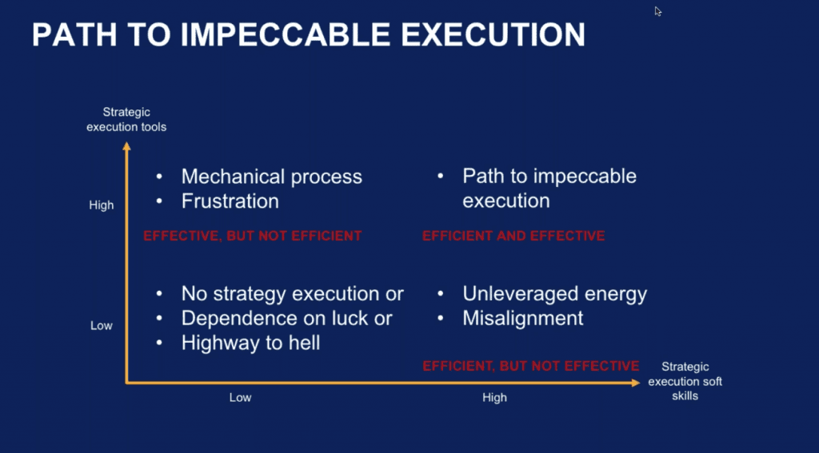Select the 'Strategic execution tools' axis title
[x=126, y=120]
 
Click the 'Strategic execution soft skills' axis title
[x=685, y=381]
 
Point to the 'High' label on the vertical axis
[x=102, y=205]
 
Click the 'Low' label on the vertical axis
[x=102, y=326]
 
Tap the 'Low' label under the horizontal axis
[x=240, y=398]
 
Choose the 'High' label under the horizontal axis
[x=494, y=398]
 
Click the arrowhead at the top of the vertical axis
[x=126, y=146]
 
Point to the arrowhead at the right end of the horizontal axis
[x=636, y=383]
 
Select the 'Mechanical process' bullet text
[x=272, y=177]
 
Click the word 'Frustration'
[x=230, y=201]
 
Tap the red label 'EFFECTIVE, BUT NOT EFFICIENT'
[x=252, y=236]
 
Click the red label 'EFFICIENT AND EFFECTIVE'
[x=513, y=236]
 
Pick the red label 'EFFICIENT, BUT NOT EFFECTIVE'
[x=531, y=366]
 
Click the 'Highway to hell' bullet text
[x=250, y=343]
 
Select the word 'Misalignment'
[x=523, y=318]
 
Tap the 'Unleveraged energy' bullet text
[x=555, y=294]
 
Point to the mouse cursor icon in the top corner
[x=658, y=11]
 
